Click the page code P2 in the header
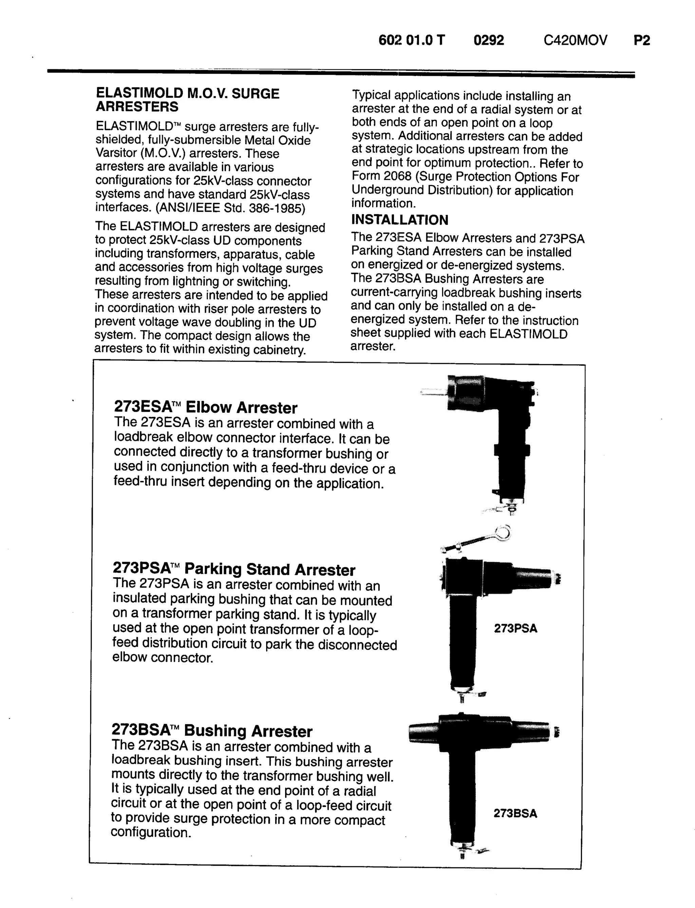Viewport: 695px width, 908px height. tap(642, 40)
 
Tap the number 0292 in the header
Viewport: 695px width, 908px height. tap(489, 40)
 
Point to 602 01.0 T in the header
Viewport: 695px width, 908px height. tap(412, 40)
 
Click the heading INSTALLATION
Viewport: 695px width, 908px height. tap(400, 220)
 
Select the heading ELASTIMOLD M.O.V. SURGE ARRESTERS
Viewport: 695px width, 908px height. tap(187, 100)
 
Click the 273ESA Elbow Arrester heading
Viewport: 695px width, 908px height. tap(205, 407)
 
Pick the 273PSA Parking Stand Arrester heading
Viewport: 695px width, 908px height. tap(234, 569)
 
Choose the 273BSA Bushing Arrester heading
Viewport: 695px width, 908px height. tap(212, 731)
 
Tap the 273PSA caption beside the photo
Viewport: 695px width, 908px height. tap(515, 629)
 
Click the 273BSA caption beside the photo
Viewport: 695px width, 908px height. tap(515, 813)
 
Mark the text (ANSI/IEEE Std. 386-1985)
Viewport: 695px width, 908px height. tap(230, 208)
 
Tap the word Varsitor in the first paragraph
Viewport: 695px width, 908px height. tap(116, 153)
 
